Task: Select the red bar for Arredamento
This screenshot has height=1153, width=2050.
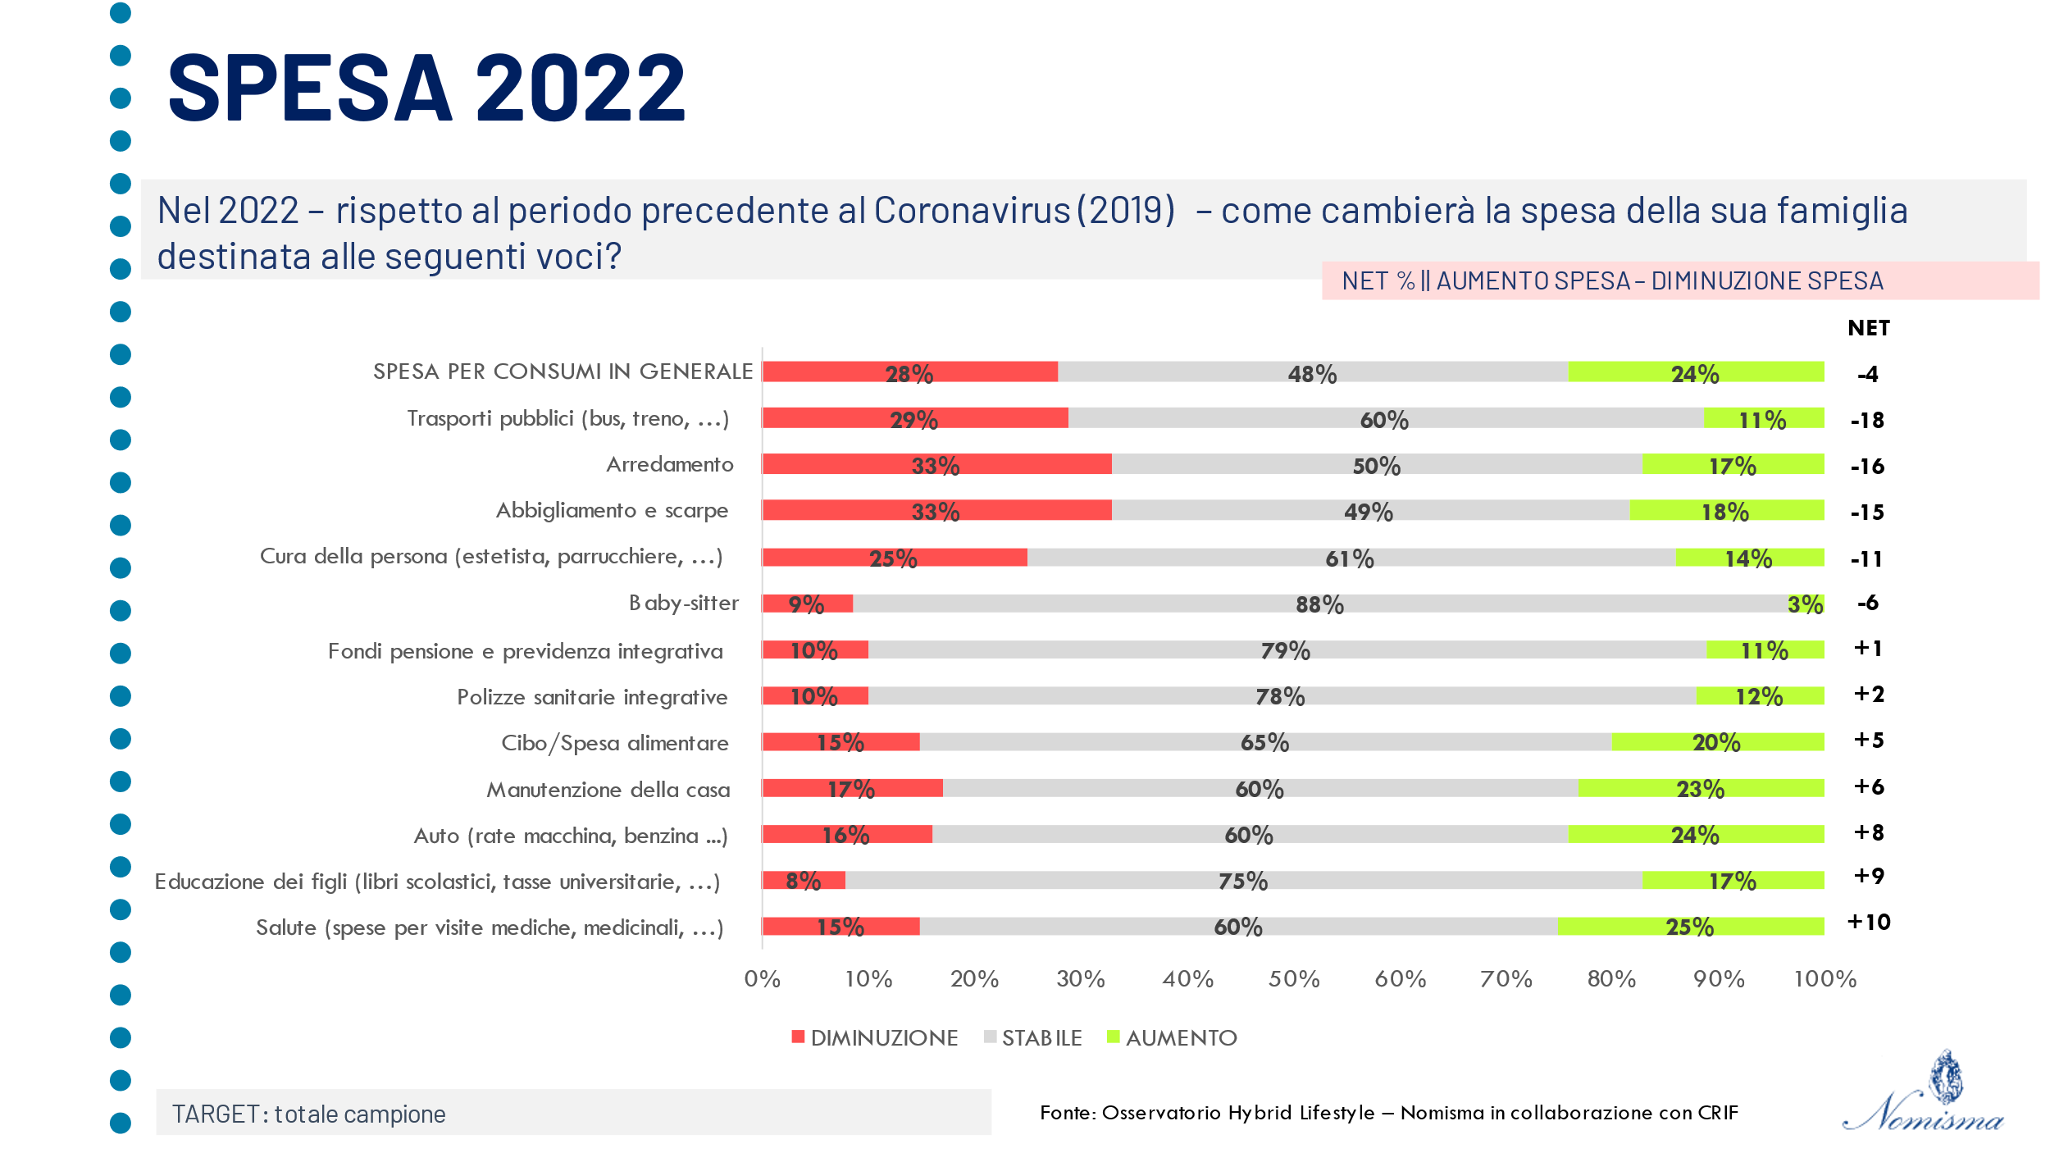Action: click(936, 464)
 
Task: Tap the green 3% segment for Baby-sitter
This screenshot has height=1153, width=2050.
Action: click(1806, 604)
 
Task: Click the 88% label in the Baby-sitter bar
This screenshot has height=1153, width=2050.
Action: click(1319, 605)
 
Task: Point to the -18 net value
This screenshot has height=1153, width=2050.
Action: click(1867, 421)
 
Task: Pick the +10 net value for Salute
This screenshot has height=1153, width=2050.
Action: click(1868, 923)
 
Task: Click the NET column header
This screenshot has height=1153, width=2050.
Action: click(1868, 328)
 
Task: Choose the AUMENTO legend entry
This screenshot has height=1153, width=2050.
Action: click(1172, 1038)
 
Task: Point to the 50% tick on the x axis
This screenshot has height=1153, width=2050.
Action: click(1294, 979)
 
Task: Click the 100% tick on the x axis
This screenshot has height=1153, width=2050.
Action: click(1824, 979)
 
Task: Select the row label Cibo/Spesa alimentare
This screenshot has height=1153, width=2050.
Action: click(614, 743)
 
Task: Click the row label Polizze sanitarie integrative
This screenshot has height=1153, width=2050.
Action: click(592, 697)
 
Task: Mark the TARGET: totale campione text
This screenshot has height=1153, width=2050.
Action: click(308, 1114)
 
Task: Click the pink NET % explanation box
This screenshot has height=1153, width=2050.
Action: click(1679, 280)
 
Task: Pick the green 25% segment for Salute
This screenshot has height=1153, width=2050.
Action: click(1689, 927)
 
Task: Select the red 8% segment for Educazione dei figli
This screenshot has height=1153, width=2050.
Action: click(803, 881)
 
